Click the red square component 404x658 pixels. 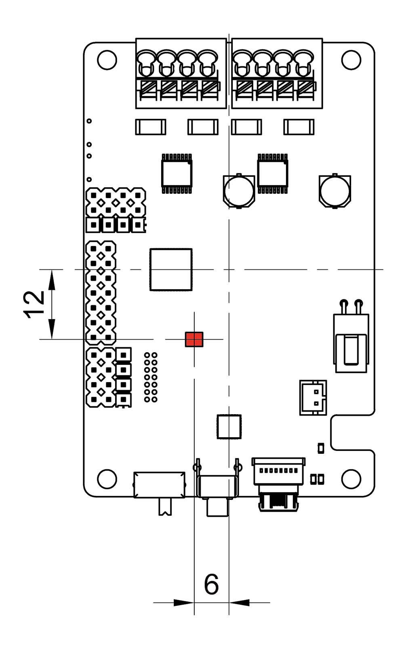[194, 339]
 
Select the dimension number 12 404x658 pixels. [34, 304]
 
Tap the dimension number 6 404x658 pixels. [211, 584]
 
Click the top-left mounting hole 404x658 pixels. [107, 60]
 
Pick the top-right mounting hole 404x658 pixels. [351, 60]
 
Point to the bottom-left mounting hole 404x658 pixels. [107, 479]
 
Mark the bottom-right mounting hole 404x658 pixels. [351, 479]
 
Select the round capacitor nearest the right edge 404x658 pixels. [335, 191]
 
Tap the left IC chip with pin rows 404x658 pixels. [177, 173]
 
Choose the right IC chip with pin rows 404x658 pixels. [272, 173]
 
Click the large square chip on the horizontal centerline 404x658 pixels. [171, 270]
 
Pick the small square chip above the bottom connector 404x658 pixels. [229, 427]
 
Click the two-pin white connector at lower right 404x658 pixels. [313, 398]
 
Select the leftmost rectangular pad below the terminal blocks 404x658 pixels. [151, 127]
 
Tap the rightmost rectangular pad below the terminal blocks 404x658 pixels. [299, 127]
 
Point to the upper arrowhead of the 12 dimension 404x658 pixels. [52, 279]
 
